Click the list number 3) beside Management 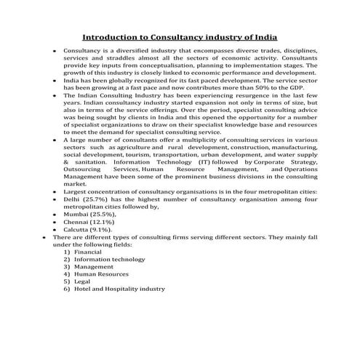tap(67, 266)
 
